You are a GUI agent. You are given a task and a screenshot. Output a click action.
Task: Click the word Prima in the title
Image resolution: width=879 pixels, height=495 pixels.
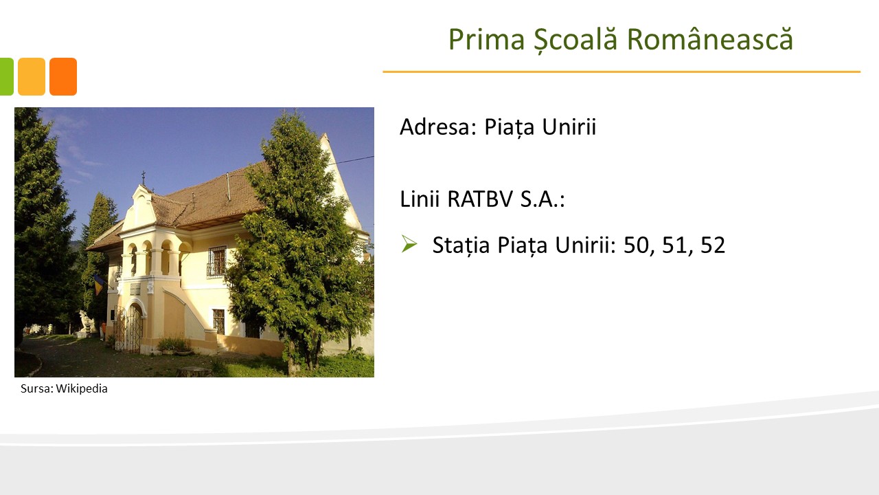pyautogui.click(x=487, y=39)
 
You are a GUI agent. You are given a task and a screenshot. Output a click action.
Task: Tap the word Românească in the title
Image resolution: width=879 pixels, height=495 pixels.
pyautogui.click(x=710, y=39)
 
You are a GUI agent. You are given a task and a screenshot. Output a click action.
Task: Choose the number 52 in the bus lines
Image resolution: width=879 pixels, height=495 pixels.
pyautogui.click(x=713, y=245)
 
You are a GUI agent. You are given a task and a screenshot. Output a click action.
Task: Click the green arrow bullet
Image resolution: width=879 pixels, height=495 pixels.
pyautogui.click(x=409, y=243)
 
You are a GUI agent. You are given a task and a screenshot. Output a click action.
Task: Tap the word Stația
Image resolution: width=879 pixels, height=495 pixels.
pyautogui.click(x=461, y=245)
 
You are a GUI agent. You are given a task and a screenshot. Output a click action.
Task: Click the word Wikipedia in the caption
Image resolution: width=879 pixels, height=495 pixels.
pyautogui.click(x=82, y=388)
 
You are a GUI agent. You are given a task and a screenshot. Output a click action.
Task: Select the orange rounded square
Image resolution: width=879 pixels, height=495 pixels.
pyautogui.click(x=63, y=76)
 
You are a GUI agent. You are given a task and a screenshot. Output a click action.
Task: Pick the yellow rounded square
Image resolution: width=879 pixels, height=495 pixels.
pyautogui.click(x=32, y=76)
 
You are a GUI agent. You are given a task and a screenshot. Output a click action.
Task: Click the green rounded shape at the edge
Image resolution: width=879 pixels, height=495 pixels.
pyautogui.click(x=7, y=76)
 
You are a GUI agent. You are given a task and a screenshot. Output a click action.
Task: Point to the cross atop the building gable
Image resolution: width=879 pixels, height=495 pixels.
pyautogui.click(x=144, y=177)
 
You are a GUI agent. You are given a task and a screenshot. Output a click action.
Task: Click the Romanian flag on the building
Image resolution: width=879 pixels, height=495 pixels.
pyautogui.click(x=99, y=285)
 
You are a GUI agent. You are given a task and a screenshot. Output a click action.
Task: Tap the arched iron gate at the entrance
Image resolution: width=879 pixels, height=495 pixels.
pyautogui.click(x=130, y=327)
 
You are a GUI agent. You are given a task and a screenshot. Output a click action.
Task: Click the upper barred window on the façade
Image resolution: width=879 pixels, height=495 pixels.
pyautogui.click(x=216, y=261)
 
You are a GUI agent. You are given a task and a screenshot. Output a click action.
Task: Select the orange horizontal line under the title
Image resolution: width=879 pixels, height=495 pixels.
pyautogui.click(x=621, y=72)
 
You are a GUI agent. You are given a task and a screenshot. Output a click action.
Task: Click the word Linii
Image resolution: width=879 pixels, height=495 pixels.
pyautogui.click(x=420, y=199)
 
